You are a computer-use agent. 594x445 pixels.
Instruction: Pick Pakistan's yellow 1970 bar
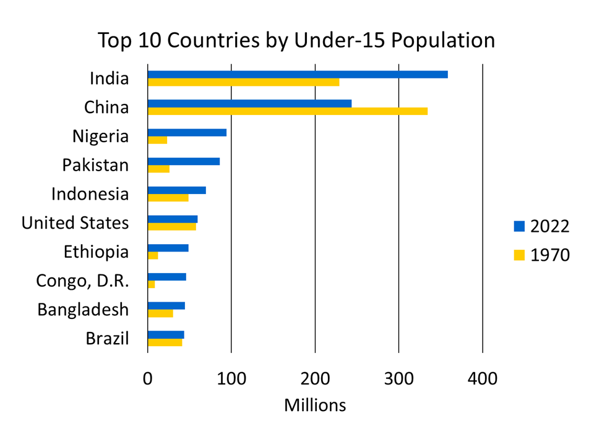(x=158, y=169)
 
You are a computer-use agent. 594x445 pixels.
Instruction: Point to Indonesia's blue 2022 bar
(x=176, y=190)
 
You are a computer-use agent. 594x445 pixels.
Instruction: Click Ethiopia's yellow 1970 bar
(x=153, y=255)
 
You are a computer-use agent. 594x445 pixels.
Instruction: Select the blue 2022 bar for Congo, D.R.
(x=166, y=277)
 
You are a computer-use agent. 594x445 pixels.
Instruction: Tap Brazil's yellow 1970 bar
(x=165, y=342)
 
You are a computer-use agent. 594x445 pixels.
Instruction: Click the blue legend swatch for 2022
(x=519, y=226)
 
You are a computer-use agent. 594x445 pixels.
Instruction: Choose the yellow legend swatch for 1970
(x=519, y=255)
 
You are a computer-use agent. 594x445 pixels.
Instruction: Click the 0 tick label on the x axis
(x=147, y=378)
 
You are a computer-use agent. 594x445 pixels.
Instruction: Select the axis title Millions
(x=315, y=405)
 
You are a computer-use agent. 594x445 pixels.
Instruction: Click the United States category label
(x=75, y=222)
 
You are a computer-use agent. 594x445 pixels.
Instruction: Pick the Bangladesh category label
(x=83, y=309)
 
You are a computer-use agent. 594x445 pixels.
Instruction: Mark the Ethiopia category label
(x=96, y=252)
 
